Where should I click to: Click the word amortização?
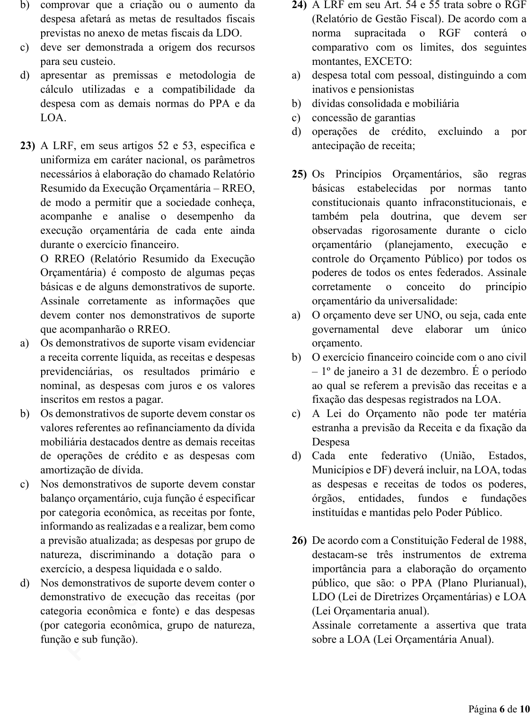[68, 470]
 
